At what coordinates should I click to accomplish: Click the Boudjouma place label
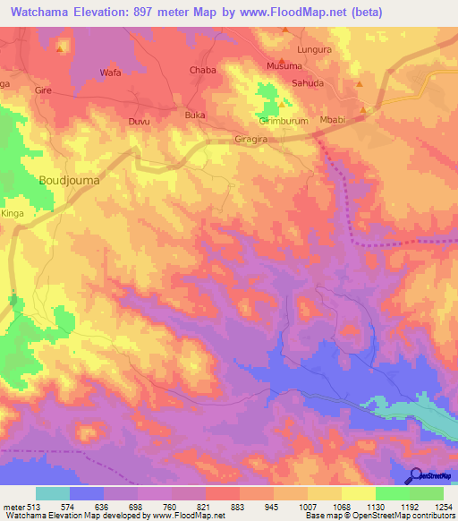point(69,180)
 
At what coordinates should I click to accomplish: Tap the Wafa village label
point(110,72)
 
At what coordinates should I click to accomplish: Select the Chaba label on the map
point(202,70)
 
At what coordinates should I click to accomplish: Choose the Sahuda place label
point(308,83)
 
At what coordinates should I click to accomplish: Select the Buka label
point(194,115)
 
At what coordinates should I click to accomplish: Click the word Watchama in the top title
point(42,12)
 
